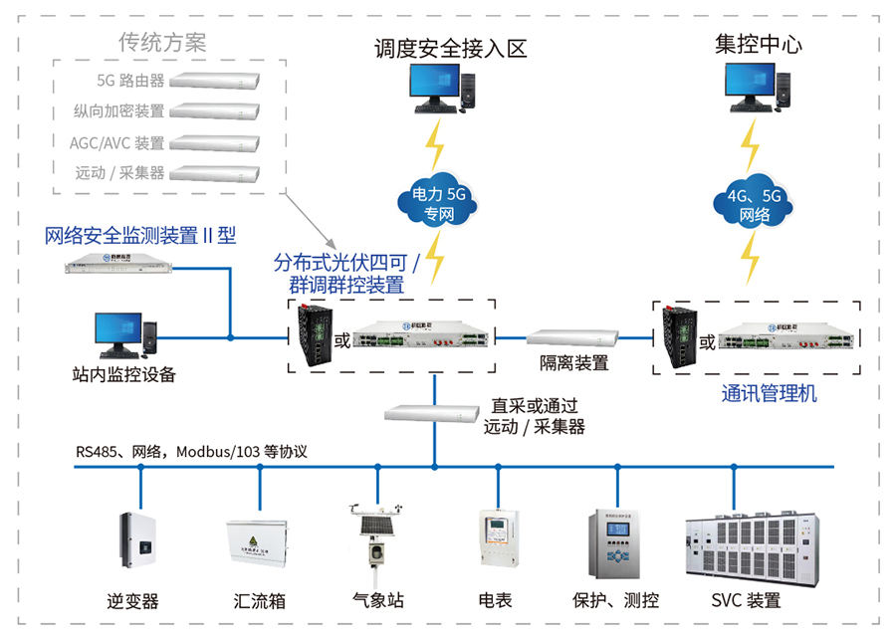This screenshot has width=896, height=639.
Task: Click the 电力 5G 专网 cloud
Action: pos(436,203)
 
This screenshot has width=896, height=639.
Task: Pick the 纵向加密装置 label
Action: pos(118,111)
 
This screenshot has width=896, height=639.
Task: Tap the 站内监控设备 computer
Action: pos(124,335)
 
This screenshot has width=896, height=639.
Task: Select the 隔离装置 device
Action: pos(573,338)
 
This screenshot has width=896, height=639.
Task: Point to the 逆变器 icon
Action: pos(139,547)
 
